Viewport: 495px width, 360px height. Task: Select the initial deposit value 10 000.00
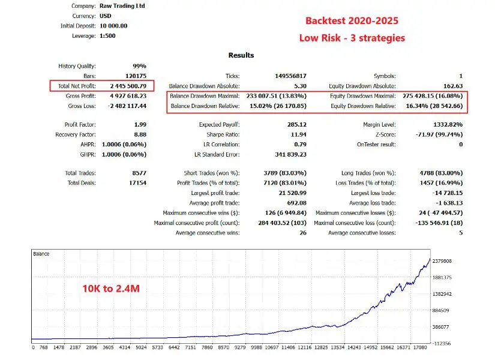point(114,26)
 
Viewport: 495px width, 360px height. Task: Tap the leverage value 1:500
point(108,36)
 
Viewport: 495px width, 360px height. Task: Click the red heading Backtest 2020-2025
point(352,20)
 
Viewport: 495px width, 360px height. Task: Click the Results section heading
point(241,55)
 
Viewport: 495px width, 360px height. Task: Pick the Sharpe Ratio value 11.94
point(298,134)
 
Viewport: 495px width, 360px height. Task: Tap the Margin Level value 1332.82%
point(446,125)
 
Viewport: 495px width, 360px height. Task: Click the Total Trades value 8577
point(137,173)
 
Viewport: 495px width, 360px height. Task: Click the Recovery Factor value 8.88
point(139,134)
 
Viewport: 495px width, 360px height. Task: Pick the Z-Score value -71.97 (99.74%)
point(433,134)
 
